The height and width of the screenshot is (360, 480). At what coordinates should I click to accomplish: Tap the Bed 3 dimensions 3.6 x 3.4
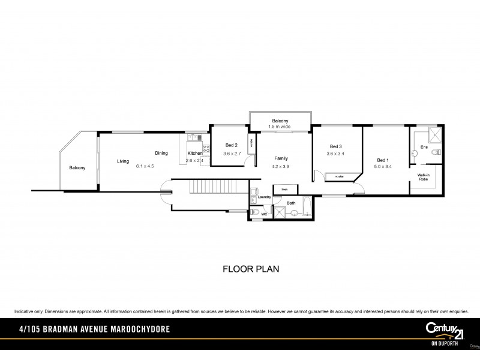[x=335, y=154]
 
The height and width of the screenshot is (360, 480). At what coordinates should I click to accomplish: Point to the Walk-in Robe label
[x=424, y=177]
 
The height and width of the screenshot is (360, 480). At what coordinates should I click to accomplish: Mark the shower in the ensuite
[x=435, y=135]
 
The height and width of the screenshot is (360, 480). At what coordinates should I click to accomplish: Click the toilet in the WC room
[x=255, y=212]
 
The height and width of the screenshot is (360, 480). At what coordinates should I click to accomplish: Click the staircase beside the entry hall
[x=211, y=189]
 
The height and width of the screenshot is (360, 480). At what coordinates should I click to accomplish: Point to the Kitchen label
[x=195, y=154]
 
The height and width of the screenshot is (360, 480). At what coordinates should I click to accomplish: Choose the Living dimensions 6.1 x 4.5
[x=145, y=166]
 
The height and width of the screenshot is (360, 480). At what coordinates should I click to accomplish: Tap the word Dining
[x=161, y=154]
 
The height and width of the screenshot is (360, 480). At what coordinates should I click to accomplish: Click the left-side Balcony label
[x=77, y=167]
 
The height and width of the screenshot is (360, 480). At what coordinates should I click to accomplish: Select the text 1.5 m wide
[x=280, y=127]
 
